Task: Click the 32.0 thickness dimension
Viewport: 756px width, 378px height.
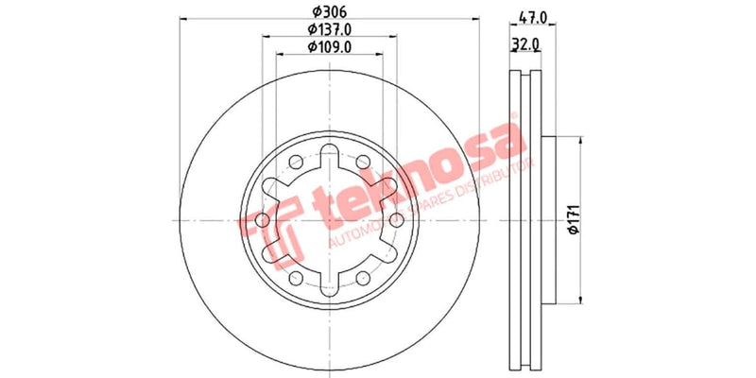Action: (525, 43)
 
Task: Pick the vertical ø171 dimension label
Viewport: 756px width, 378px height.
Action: (572, 220)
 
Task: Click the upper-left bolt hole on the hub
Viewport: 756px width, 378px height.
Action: (295, 161)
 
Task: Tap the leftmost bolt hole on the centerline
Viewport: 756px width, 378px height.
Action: (262, 219)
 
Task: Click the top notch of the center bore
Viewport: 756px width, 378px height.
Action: (328, 156)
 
